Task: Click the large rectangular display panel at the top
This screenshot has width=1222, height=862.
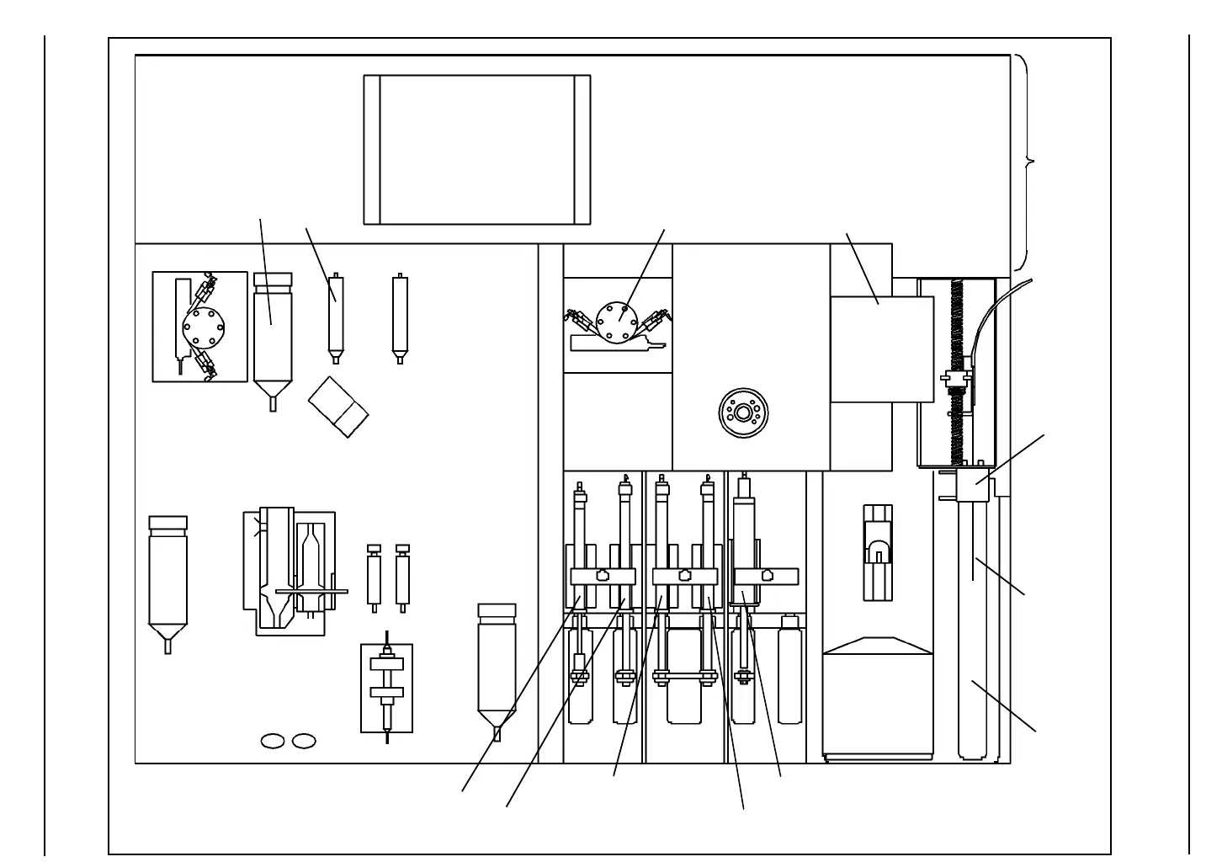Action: point(476,150)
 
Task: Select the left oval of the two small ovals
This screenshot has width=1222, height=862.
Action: point(273,741)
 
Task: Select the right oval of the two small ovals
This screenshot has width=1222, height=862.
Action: point(304,741)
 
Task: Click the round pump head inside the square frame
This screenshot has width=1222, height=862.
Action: point(200,326)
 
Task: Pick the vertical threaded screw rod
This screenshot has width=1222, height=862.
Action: point(957,370)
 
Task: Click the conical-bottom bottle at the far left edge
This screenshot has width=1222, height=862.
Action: point(167,581)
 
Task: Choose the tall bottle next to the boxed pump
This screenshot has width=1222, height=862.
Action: point(273,337)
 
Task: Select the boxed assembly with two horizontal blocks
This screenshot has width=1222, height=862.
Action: point(386,687)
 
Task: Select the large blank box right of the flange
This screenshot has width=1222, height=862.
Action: point(881,349)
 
